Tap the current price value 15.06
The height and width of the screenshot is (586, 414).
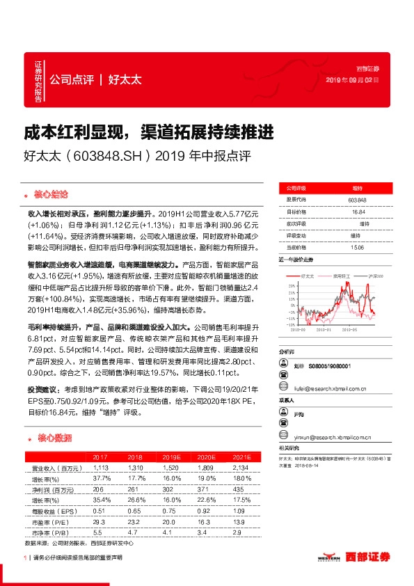click(x=356, y=246)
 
